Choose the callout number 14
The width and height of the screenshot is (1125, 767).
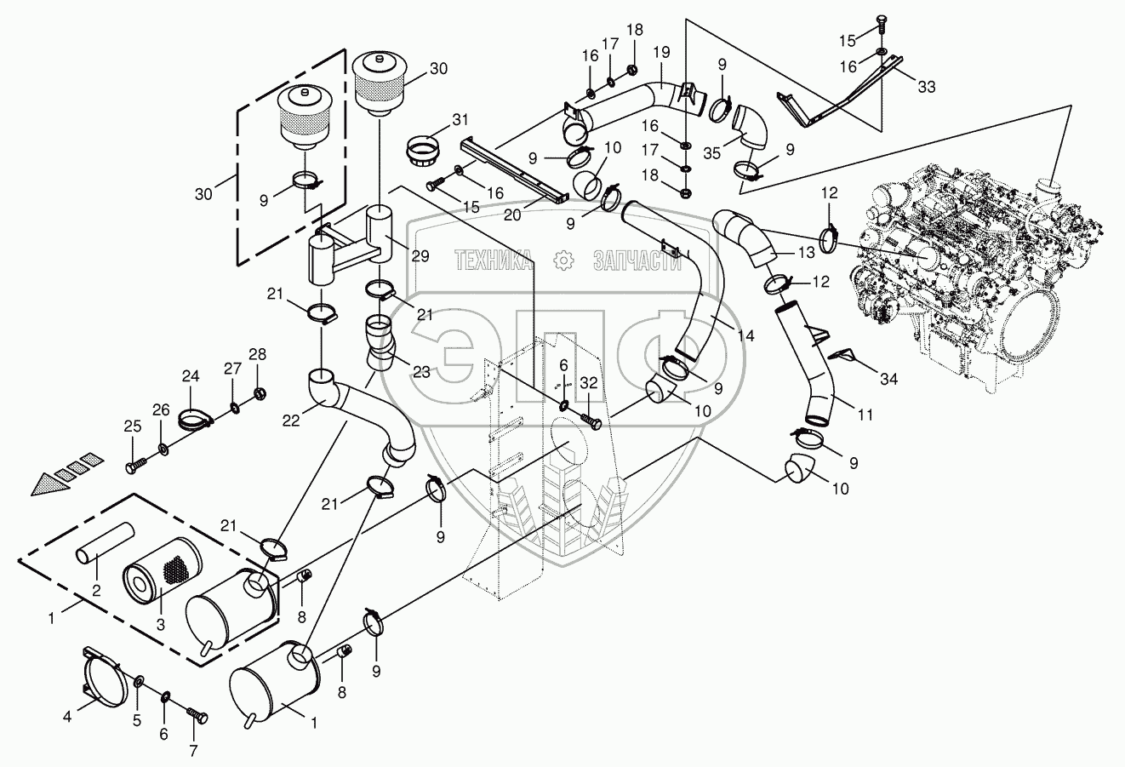[x=745, y=336]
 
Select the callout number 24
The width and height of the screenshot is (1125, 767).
[x=190, y=375]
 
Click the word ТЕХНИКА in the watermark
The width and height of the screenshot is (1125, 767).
[x=494, y=260]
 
